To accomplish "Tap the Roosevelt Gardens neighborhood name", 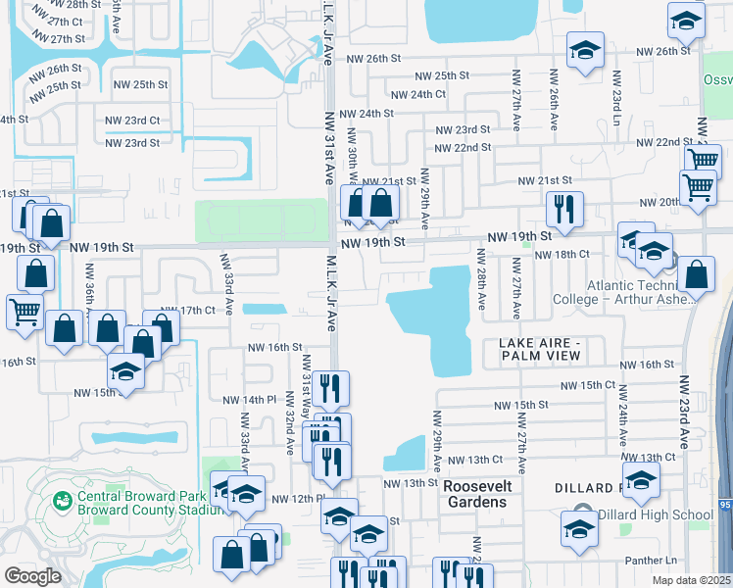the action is coord(475,494).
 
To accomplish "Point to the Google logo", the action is coord(32,575).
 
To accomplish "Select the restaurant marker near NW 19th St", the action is coord(564,208).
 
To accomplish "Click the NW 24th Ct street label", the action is coord(417,95).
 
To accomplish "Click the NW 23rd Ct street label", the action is coord(132,121).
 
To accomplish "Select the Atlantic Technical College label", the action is coord(641,293).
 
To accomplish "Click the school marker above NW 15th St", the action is coord(126,371).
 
